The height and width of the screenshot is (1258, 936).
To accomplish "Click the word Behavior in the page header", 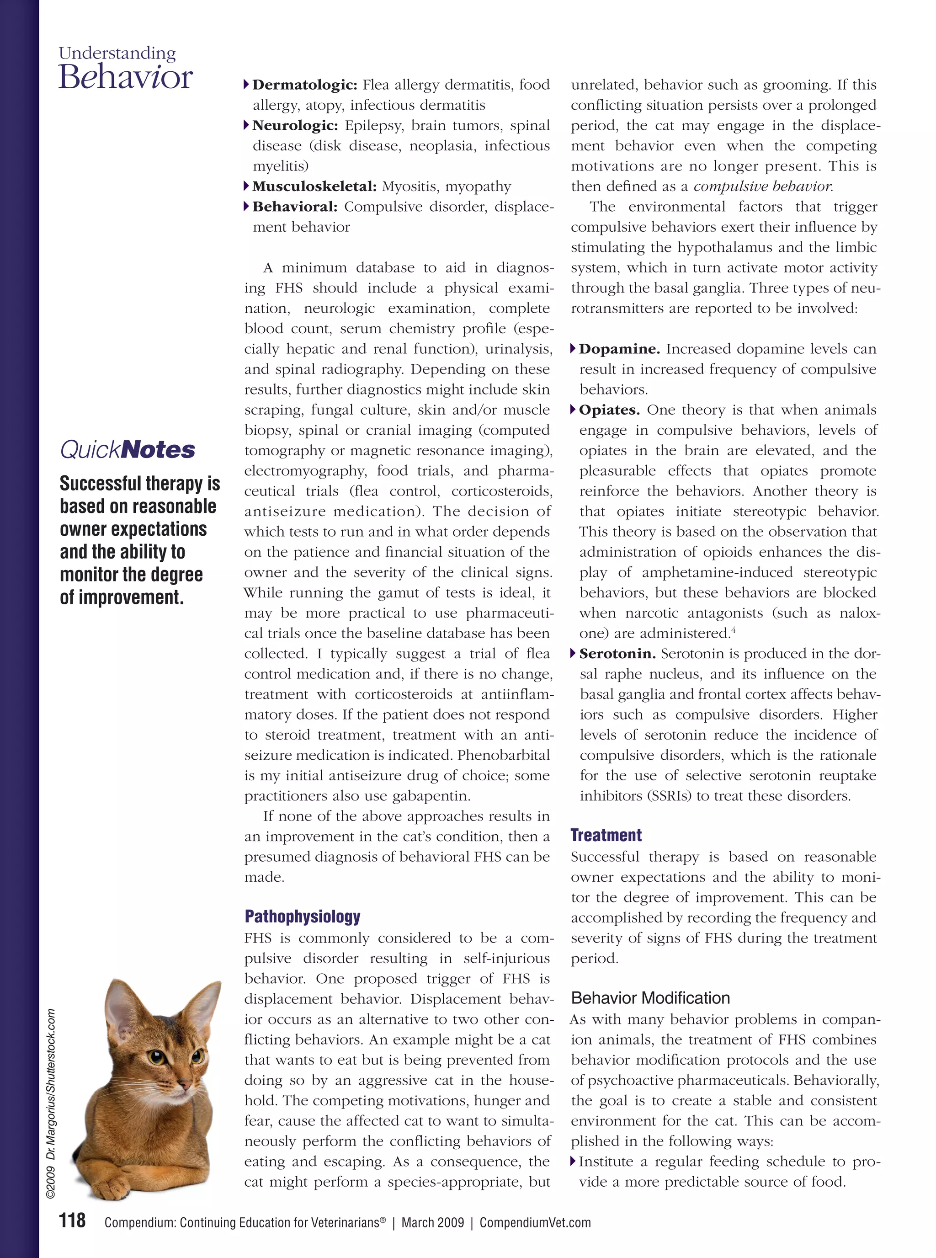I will (x=125, y=78).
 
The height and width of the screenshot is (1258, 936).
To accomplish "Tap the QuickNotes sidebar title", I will (x=128, y=450).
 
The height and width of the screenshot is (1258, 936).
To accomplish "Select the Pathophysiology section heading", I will (x=302, y=916).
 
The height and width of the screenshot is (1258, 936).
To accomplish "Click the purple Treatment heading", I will (x=606, y=835).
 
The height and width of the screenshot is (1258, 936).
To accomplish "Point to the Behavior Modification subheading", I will (x=650, y=998).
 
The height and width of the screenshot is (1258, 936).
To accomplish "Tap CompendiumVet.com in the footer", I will (x=535, y=1223).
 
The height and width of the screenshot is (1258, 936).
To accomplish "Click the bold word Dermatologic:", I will (x=304, y=85).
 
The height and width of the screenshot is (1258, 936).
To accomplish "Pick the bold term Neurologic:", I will (x=295, y=125).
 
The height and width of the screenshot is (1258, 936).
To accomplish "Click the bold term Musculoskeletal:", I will (x=314, y=187).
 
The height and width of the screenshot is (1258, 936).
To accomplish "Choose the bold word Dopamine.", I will (x=619, y=349).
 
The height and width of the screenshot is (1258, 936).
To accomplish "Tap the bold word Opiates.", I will (x=609, y=410).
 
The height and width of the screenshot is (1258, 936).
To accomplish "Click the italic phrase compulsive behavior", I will (x=763, y=187).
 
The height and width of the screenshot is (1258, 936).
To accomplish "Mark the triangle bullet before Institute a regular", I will (x=574, y=1162).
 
